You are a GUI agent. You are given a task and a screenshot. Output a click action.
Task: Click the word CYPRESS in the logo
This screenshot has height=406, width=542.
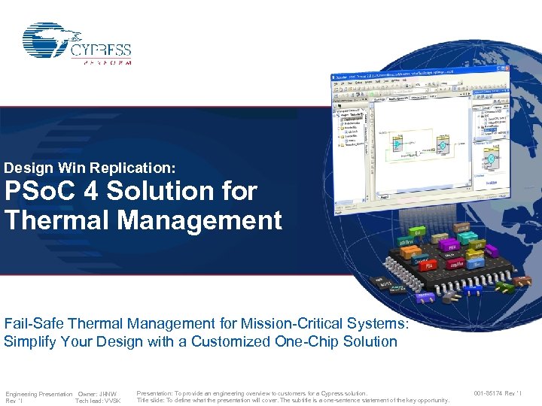pyautogui.click(x=101, y=51)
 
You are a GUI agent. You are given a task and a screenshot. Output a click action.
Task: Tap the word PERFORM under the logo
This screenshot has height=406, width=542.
pyautogui.click(x=105, y=63)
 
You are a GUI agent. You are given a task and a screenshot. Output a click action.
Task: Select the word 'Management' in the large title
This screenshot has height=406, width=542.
pyautogui.click(x=207, y=220)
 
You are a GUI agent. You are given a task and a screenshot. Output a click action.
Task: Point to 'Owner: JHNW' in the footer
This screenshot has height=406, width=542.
pyautogui.click(x=99, y=394)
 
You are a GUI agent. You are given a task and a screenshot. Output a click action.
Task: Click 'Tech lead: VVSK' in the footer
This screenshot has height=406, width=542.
pyautogui.click(x=98, y=401)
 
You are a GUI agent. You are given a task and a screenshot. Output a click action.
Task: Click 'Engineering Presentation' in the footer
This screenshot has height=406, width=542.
pyautogui.click(x=39, y=394)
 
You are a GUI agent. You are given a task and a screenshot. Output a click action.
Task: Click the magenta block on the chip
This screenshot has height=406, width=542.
pyautogui.click(x=452, y=246)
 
